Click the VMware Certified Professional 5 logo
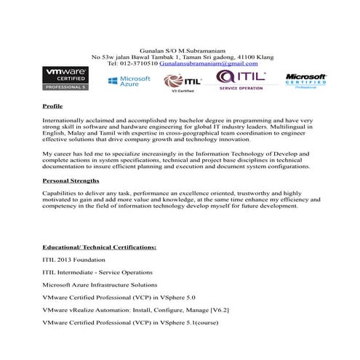(65, 79)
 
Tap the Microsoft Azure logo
(129, 81)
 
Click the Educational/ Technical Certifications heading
(99, 247)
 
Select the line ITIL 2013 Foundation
(74, 260)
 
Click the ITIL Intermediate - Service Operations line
(97, 272)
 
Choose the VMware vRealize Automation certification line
(136, 309)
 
